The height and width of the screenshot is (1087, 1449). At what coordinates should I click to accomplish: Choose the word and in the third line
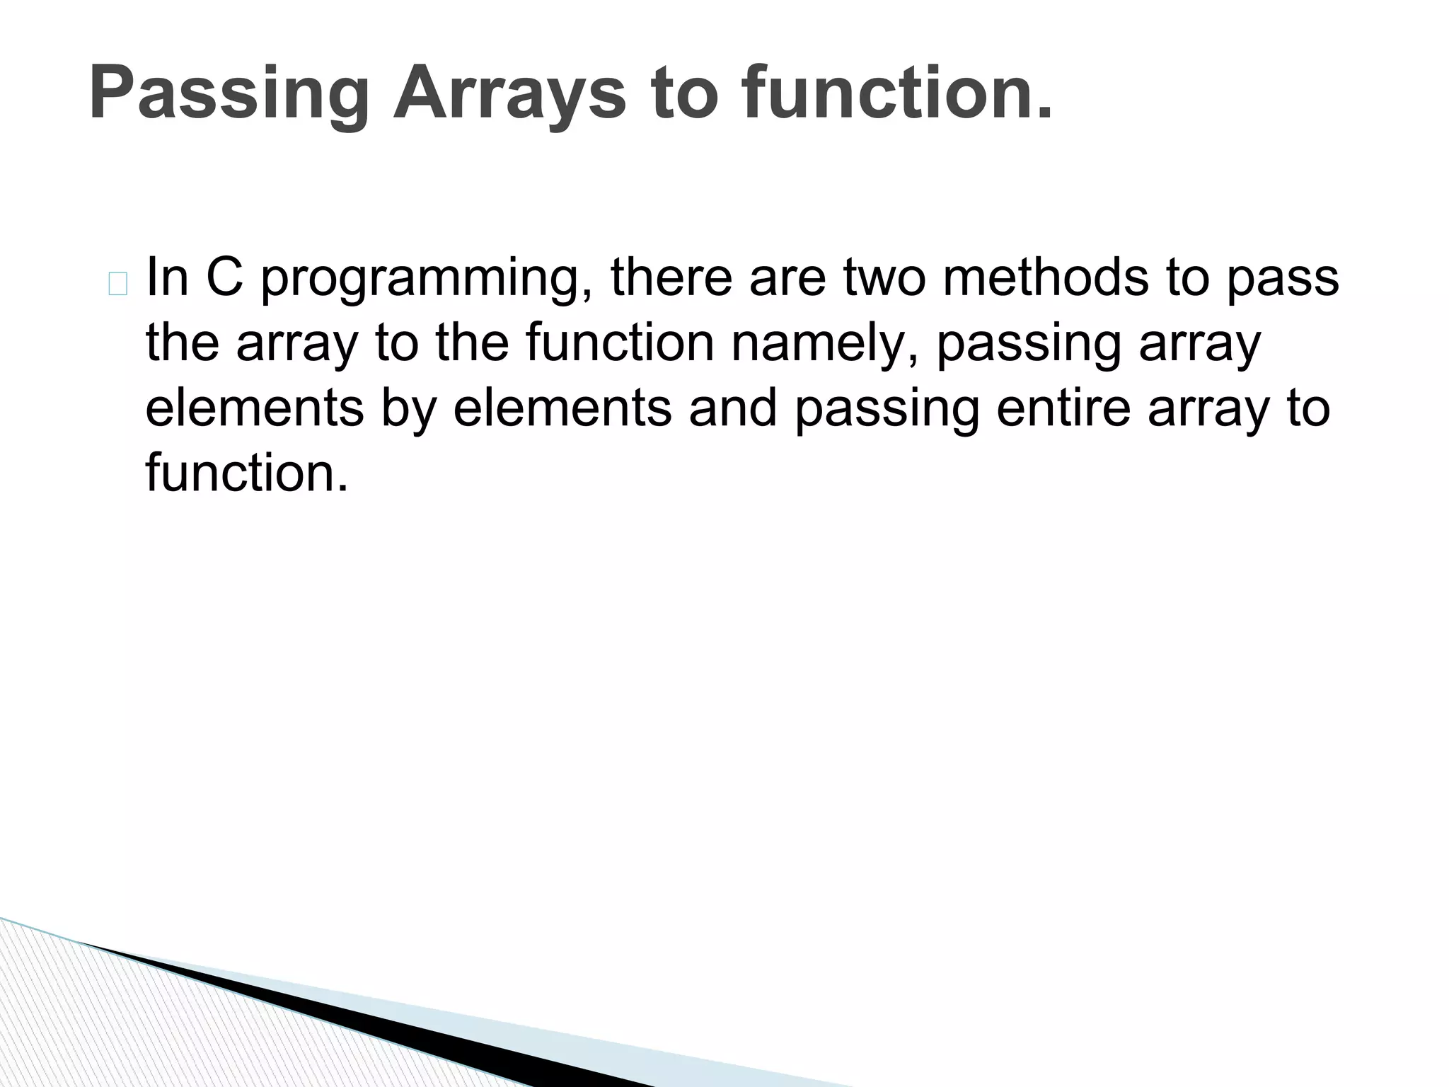pyautogui.click(x=733, y=408)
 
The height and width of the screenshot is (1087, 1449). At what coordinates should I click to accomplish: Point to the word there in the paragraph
pyautogui.click(x=671, y=277)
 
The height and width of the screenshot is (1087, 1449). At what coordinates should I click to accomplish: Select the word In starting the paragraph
pyautogui.click(x=167, y=277)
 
